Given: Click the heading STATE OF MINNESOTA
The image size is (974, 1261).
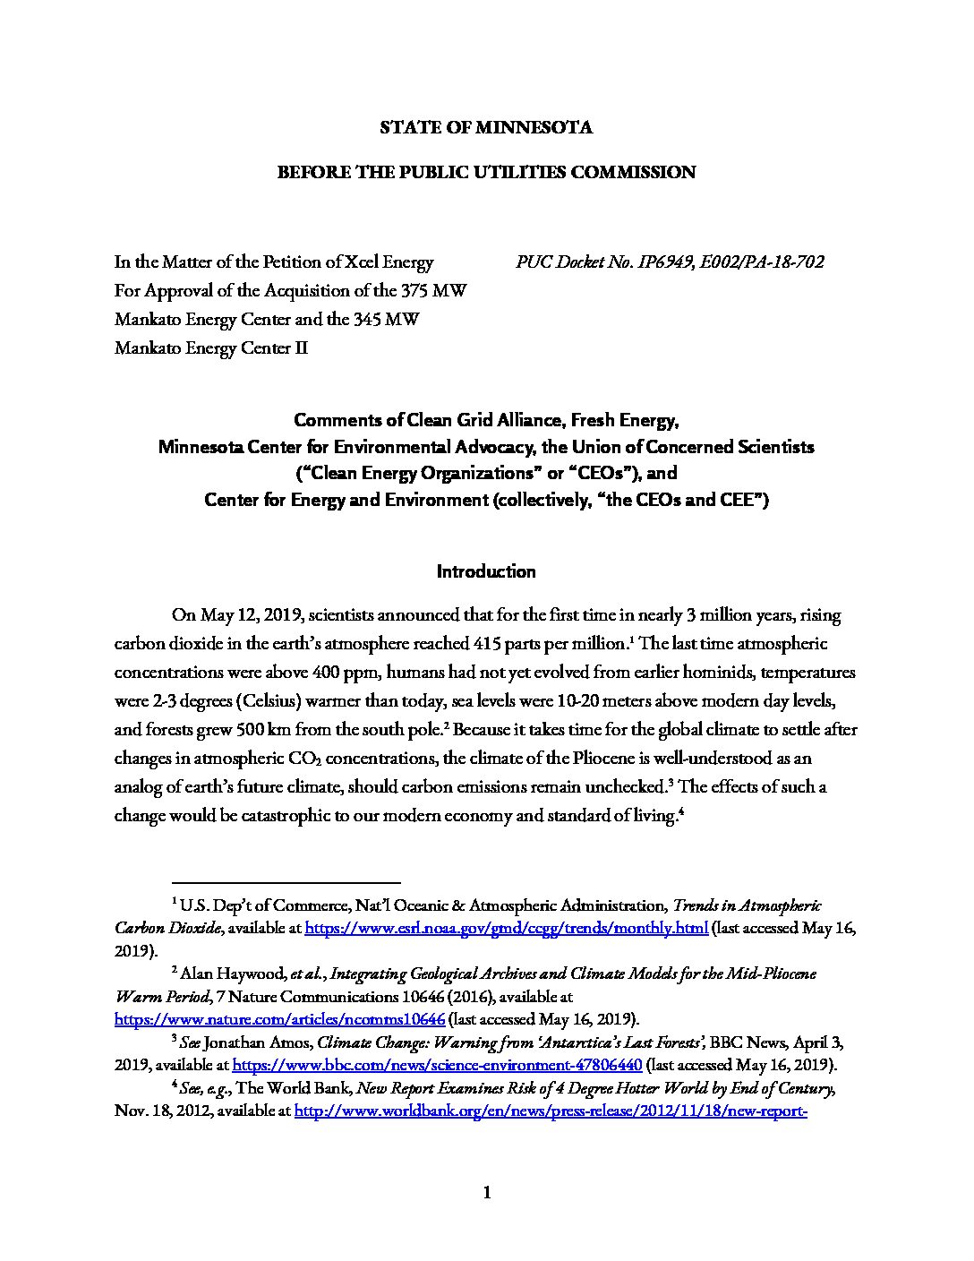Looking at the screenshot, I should tap(486, 127).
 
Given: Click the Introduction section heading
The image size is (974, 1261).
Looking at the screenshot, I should tap(486, 571).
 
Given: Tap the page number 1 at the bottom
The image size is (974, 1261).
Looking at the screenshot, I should tap(487, 1192).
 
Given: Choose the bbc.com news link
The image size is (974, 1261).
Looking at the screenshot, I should tap(437, 1066).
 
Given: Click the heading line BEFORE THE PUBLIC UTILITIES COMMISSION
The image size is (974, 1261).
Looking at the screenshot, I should tap(486, 172).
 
